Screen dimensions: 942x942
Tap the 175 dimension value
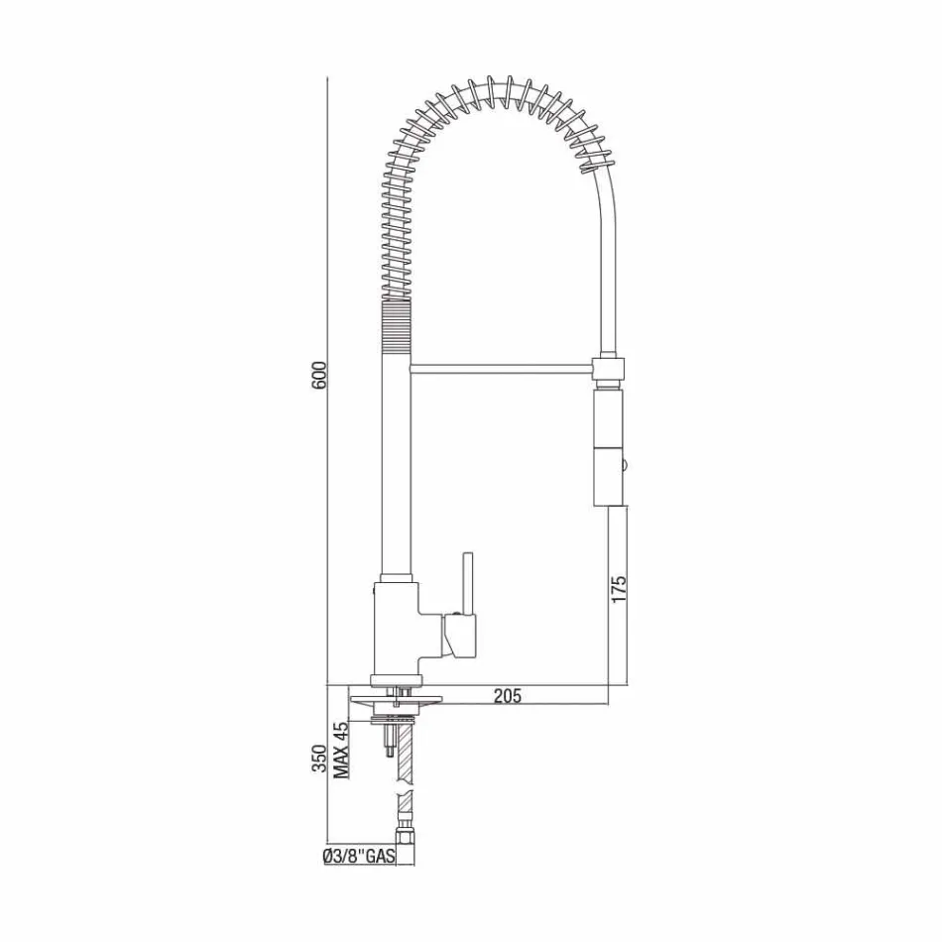(x=620, y=588)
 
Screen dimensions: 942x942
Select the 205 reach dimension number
(x=507, y=696)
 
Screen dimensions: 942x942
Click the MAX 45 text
(x=341, y=751)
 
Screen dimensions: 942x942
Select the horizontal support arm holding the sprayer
(x=501, y=369)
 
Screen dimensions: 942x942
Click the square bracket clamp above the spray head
(x=609, y=369)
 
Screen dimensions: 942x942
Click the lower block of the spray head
(x=610, y=477)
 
